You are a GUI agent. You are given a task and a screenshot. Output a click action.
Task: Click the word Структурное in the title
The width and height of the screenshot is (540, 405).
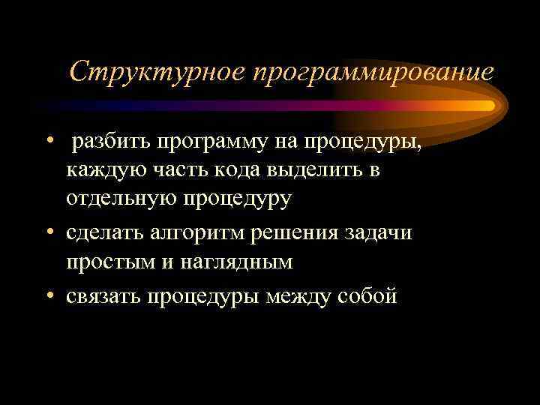[x=157, y=72]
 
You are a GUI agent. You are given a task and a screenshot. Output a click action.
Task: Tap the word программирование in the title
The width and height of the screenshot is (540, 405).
[x=373, y=73]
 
